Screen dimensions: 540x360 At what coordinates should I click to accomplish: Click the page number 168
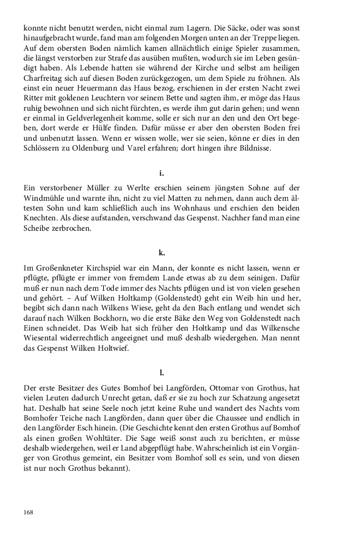29,513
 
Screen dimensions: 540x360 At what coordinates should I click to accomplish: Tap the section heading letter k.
162,253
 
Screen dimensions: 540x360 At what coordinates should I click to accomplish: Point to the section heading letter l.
162,373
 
